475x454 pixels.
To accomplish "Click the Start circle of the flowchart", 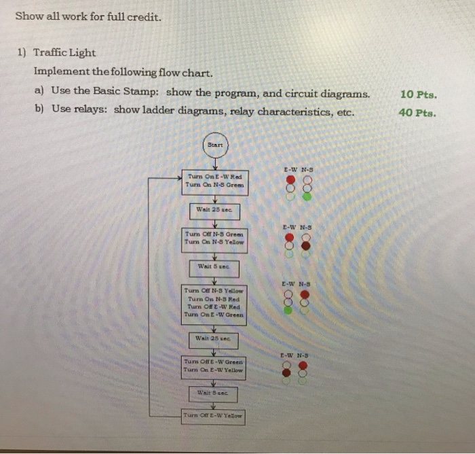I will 214,144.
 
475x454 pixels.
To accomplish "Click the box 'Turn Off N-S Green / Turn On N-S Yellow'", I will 214,239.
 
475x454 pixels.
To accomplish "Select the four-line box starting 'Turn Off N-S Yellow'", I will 214,302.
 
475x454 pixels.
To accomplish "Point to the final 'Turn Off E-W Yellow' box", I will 214,414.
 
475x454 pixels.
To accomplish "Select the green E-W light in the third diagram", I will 288,310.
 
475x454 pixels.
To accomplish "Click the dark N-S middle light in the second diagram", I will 306,245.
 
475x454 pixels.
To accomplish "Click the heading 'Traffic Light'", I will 64,52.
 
